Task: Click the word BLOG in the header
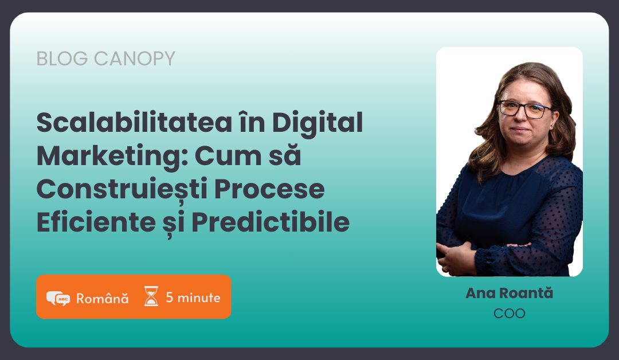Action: tap(62, 59)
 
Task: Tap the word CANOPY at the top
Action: tap(134, 59)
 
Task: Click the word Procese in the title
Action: tap(269, 189)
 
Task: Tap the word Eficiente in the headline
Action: tap(96, 222)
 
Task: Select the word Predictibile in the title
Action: tap(271, 222)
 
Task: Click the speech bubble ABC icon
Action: tap(58, 299)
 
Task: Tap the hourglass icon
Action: tap(151, 296)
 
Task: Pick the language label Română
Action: tap(102, 298)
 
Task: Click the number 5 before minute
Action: tap(169, 298)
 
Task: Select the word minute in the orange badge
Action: tap(199, 298)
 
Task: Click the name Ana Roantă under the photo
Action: tap(510, 293)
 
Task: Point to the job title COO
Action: tap(510, 314)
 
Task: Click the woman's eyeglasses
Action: tap(525, 109)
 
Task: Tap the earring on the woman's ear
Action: tap(551, 126)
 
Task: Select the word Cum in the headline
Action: tap(228, 156)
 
